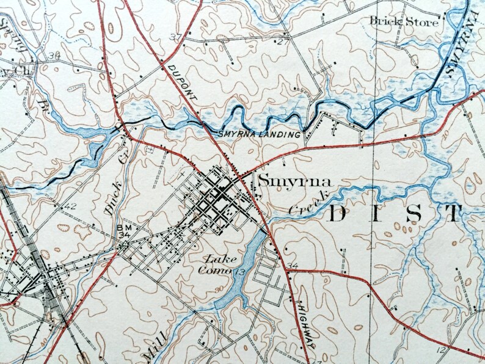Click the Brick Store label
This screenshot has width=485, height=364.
coord(404,21)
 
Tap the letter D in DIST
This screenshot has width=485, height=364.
coord(338,214)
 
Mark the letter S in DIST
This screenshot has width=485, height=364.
coord(414,214)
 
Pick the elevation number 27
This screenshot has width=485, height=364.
coord(282,42)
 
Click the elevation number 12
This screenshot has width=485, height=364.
coord(441,350)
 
